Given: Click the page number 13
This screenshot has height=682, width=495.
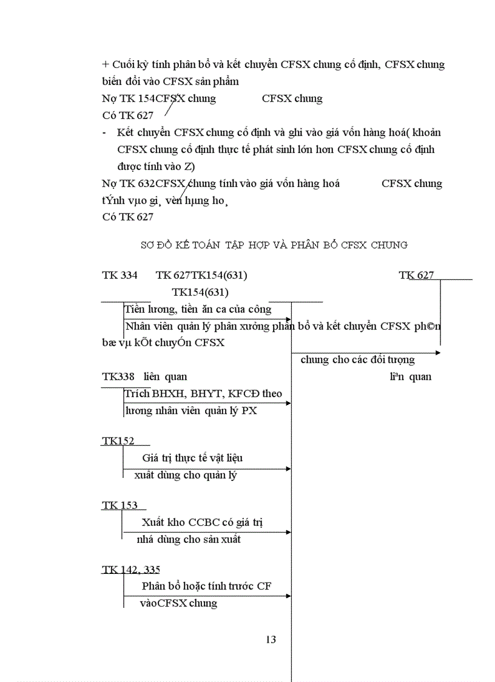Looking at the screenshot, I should pos(271,639).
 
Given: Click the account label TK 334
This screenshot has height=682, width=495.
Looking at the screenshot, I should pos(120,275).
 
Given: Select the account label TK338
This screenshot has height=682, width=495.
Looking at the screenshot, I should pos(118,377).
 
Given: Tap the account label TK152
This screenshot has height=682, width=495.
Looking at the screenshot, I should pos(118,441).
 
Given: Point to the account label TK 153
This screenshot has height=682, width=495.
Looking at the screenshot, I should pos(120,505).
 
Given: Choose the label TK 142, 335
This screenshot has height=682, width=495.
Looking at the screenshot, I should pos(130,570).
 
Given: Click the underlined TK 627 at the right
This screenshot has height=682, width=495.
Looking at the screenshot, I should pos(417,275).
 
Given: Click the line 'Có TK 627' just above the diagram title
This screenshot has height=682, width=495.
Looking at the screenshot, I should pos(128,217).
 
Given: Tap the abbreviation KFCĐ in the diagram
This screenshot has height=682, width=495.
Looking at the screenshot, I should pos(244,394).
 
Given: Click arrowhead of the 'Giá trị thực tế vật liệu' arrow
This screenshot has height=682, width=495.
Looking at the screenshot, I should pos(289,468).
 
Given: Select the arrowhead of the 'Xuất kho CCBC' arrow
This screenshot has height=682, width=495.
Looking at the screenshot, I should pos(289,532).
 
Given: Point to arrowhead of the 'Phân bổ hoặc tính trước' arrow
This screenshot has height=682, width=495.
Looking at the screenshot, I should pos(289,596).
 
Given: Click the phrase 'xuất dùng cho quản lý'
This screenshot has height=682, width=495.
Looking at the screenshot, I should pos(185,475).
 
